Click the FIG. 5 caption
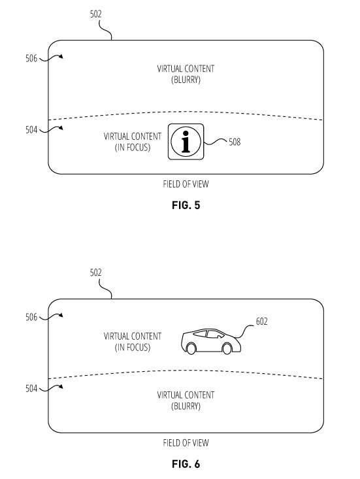click(186, 205)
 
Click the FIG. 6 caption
click(186, 464)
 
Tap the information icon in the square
click(186, 141)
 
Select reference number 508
click(235, 142)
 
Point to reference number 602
click(262, 322)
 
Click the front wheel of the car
click(227, 348)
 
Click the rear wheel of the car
click(191, 348)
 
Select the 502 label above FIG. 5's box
click(95, 14)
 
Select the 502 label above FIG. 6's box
click(95, 273)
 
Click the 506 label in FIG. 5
click(31, 58)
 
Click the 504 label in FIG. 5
click(31, 130)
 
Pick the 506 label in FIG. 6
click(31, 317)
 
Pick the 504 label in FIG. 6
click(31, 389)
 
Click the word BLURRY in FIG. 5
click(186, 80)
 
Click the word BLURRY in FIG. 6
click(186, 406)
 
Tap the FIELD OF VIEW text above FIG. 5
click(186, 184)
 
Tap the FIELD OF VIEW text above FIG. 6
click(186, 443)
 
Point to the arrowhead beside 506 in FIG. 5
click(61, 56)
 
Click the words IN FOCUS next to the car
click(133, 348)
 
